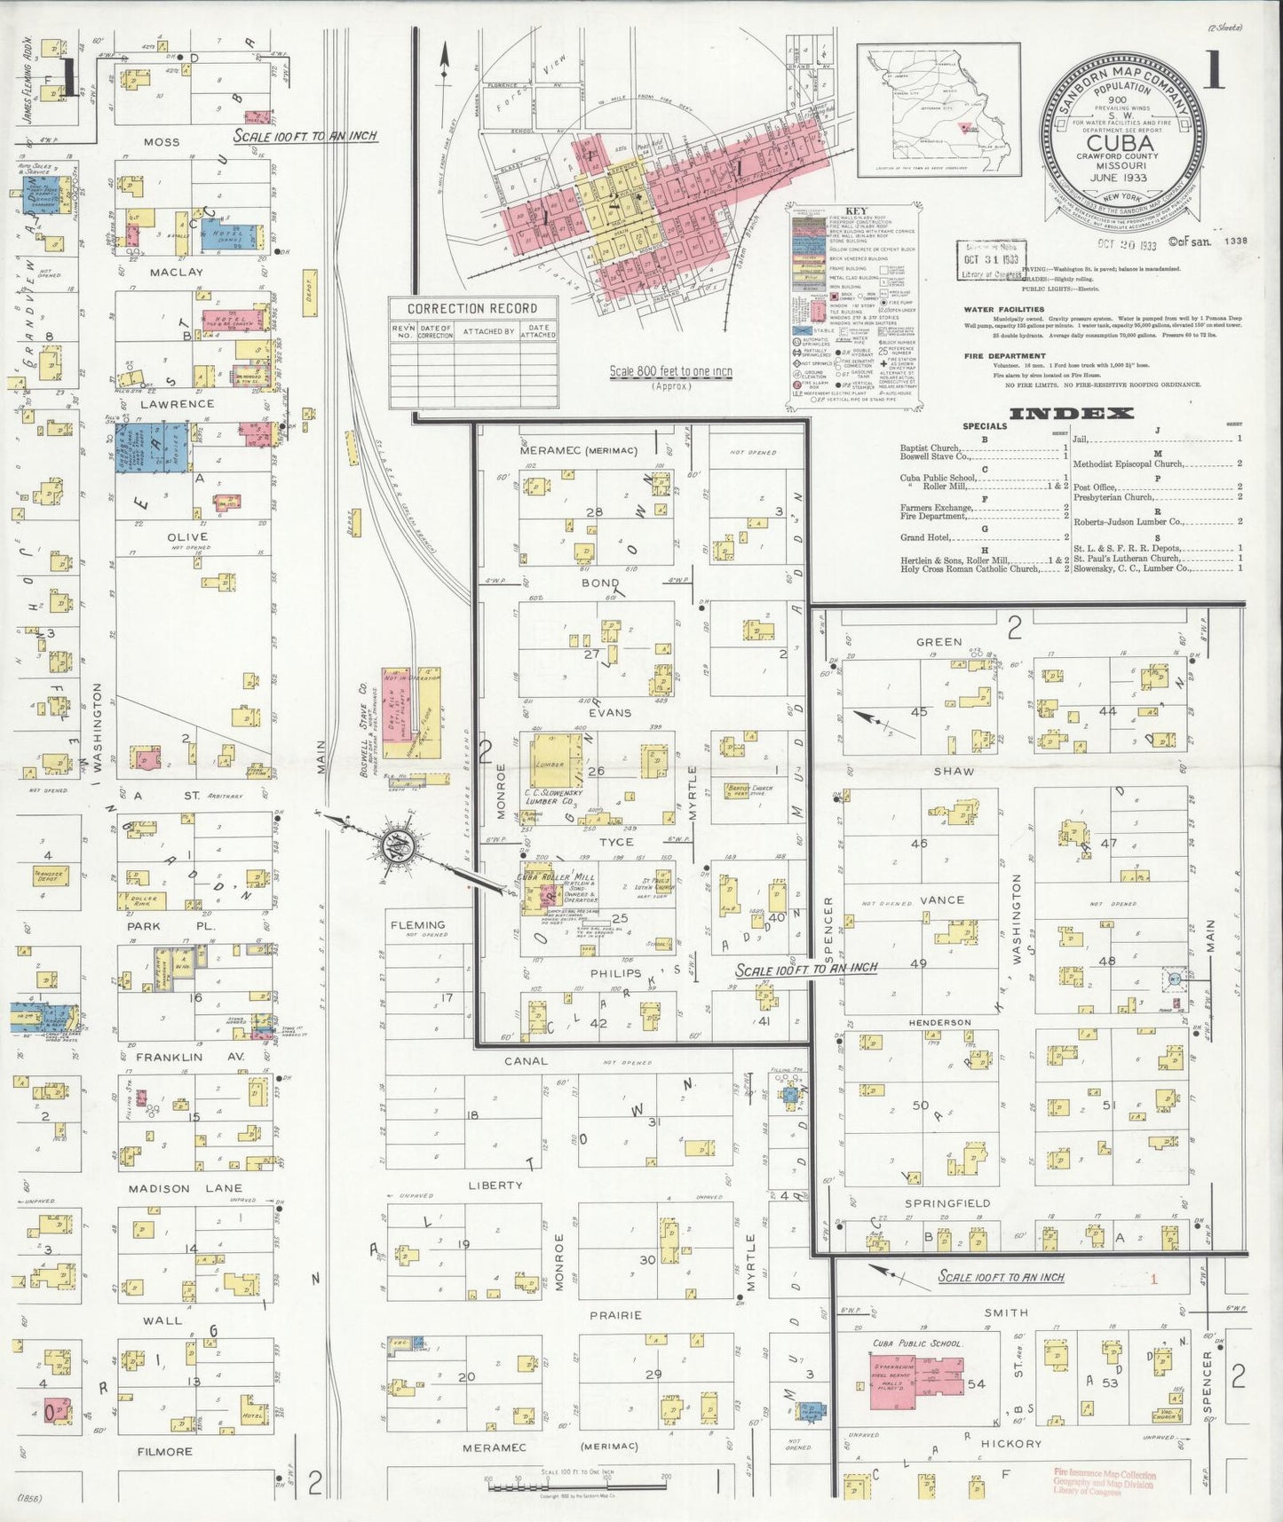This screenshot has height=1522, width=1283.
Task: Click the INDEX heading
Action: coord(1071,413)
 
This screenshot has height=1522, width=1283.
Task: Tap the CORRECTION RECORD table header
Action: coord(472,308)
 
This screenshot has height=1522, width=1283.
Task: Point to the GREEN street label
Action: coord(938,641)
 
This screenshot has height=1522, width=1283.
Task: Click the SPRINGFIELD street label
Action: coord(947,1203)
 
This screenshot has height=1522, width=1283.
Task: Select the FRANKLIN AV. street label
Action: coord(169,1057)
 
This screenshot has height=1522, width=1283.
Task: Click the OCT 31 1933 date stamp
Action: coord(990,259)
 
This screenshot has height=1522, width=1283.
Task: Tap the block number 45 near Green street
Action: coord(919,711)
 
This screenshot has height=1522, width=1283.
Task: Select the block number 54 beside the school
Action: coord(977,1384)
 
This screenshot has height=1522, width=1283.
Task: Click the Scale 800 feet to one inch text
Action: coord(670,371)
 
